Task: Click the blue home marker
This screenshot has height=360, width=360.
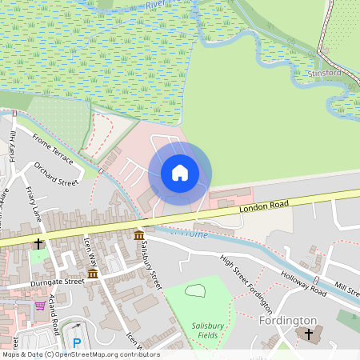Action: pos(180,172)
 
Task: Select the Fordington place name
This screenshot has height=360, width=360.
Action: pos(288,320)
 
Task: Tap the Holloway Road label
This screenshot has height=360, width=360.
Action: pos(303,282)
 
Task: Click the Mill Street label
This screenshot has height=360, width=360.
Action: pos(347,286)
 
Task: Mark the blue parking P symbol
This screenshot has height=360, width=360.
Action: pos(77,343)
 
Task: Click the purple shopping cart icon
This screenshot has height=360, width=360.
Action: pos(39,306)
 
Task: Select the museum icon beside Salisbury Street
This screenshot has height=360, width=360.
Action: pos(139,234)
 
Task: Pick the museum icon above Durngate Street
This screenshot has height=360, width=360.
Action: pos(93,273)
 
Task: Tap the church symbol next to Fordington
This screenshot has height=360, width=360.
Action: pos(309,334)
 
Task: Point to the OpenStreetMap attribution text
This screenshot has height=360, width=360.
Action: pos(80,354)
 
